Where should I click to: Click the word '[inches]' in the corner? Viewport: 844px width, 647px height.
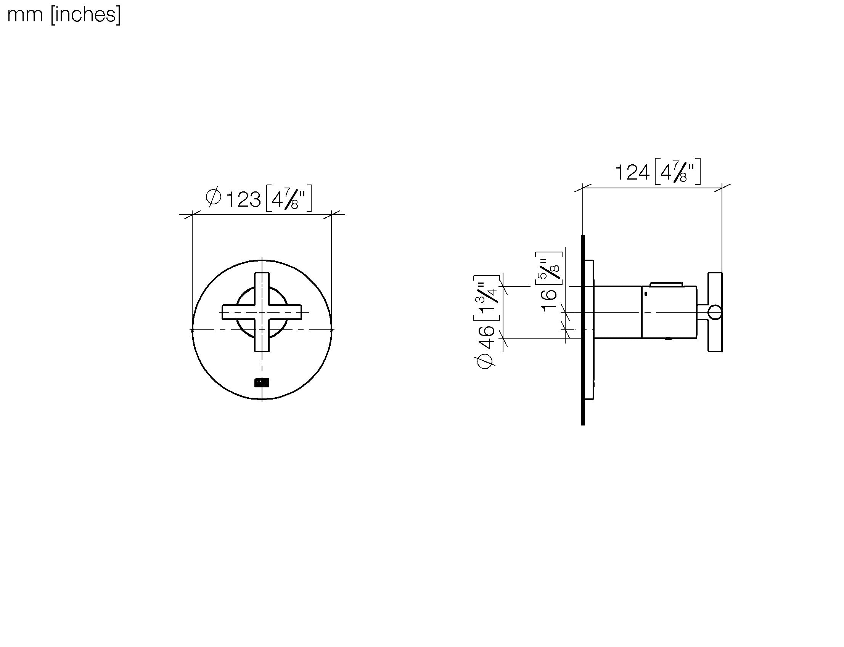85,15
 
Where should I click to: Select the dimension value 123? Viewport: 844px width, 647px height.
243,200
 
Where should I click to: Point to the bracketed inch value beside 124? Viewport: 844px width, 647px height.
678,172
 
